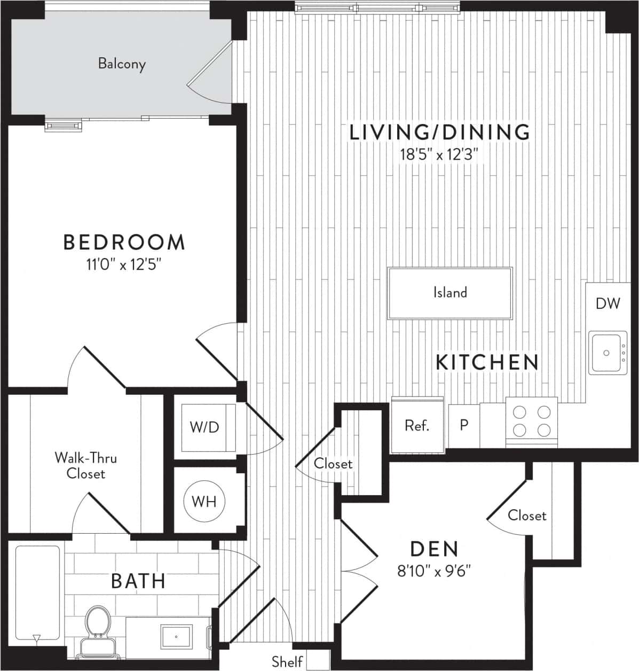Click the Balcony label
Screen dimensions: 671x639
(122, 64)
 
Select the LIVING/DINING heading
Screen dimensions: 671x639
(439, 132)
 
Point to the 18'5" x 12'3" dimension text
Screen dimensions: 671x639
(438, 155)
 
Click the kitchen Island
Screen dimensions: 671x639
(449, 293)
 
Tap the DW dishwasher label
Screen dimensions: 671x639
(608, 303)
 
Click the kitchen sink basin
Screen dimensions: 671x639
(606, 353)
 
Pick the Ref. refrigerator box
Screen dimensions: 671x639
(417, 426)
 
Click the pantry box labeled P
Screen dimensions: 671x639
(463, 425)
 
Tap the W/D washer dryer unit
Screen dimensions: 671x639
(206, 427)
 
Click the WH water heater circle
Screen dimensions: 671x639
(204, 502)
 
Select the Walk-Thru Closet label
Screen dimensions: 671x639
(85, 466)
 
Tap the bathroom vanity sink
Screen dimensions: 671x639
(177, 636)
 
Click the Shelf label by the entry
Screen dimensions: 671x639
(287, 661)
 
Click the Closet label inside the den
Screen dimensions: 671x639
(526, 516)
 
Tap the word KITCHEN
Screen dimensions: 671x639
(487, 362)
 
